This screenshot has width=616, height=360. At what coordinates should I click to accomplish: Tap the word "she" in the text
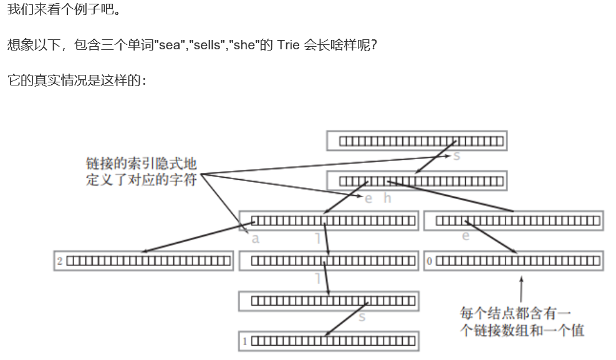(246, 46)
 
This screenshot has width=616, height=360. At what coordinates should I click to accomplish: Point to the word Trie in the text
(287, 46)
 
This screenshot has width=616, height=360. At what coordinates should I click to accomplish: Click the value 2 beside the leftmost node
(60, 261)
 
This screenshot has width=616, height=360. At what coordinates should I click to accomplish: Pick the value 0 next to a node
(429, 261)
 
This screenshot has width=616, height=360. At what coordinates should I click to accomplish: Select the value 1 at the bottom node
(245, 341)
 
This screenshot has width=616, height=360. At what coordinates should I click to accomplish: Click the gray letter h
(387, 198)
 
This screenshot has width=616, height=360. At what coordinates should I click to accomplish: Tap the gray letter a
(255, 238)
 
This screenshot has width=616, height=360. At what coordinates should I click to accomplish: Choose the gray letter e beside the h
(368, 198)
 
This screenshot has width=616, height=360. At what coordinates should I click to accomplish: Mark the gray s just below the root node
(456, 156)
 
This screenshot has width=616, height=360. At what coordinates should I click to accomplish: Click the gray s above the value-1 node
(362, 317)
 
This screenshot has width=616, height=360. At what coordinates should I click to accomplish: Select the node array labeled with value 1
(333, 341)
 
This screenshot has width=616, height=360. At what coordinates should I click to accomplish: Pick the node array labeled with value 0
(517, 261)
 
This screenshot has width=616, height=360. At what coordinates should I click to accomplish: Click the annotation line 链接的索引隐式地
(141, 163)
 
